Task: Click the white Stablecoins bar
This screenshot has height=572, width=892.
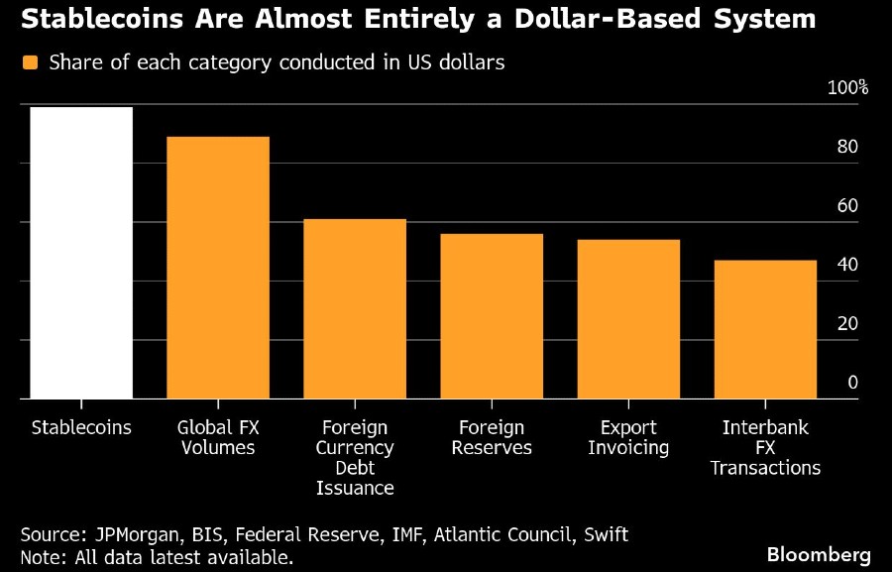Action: coord(81,253)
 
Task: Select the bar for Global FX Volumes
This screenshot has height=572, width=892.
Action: coord(218,268)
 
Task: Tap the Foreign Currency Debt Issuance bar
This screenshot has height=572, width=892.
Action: coord(355,308)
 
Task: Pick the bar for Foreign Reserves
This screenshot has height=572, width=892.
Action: coord(492,316)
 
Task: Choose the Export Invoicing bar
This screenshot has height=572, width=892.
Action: coord(628,319)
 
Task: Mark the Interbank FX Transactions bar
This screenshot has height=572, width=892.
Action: coord(765,329)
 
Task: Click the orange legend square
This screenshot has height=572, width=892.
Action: coord(30,62)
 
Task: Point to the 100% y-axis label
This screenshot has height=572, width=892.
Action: coord(847,87)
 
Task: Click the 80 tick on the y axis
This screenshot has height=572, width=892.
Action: coord(847,147)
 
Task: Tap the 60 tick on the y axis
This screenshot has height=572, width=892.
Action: coord(847,206)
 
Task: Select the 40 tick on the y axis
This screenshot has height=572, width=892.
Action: coord(847,265)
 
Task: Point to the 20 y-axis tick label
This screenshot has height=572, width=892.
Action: coord(847,324)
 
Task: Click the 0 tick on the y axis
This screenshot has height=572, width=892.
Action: coord(852,383)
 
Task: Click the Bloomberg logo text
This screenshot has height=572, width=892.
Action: coord(819,553)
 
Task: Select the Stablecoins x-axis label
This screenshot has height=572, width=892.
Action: coord(81,428)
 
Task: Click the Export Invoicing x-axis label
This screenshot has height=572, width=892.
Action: coord(628,438)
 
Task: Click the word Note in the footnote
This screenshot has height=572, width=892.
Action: coord(41,557)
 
